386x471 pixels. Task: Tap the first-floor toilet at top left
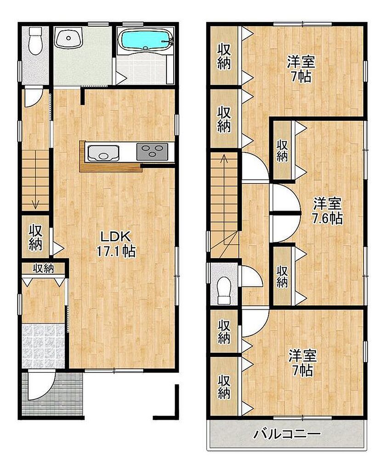pos(35,40)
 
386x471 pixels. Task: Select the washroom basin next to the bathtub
pos(69,37)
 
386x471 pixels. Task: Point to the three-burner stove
pos(152,151)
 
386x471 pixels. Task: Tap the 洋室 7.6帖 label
pos(327,211)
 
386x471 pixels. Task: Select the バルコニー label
pos(287,434)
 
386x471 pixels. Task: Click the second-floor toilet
pos(224,290)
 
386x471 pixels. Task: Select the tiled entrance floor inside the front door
pos(44,346)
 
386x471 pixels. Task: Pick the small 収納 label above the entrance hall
pos(44,268)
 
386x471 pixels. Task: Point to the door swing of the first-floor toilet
pos(34,97)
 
